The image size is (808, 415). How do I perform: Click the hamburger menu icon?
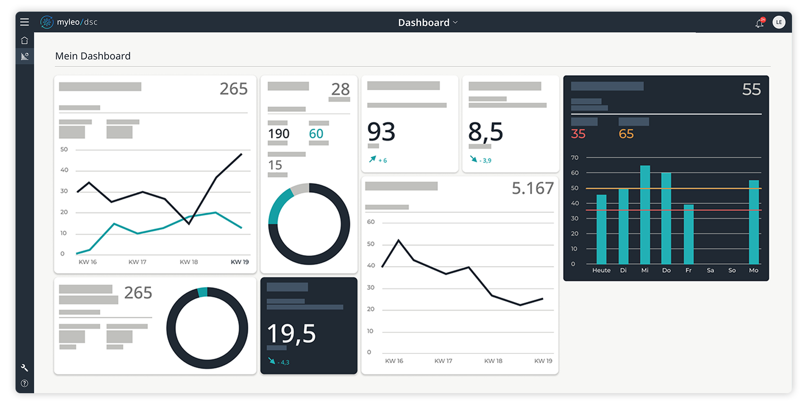pos(25,22)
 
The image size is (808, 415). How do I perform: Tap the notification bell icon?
pos(760,23)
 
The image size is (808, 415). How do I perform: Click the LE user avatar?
pos(779,22)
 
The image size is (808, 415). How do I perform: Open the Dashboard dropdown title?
pos(427,23)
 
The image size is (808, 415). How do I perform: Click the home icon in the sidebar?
pos(25,40)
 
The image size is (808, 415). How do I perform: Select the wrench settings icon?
pos(25,367)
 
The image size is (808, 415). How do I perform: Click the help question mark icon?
pos(25,383)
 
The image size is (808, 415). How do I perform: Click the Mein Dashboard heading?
pos(93,56)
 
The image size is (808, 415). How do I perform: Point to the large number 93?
pos(381,132)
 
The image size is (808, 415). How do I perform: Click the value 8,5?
pos(485,132)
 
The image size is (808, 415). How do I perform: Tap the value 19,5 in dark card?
pos(291,334)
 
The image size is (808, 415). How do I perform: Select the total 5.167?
pos(533,188)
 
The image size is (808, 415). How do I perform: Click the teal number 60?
pos(316,134)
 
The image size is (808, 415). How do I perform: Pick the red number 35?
pos(578,134)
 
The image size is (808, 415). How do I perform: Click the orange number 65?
pos(626,134)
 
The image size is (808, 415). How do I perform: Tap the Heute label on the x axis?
pos(601,271)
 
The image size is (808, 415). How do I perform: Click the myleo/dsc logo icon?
pos(47,22)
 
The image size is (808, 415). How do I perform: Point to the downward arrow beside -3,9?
pos(474,159)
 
